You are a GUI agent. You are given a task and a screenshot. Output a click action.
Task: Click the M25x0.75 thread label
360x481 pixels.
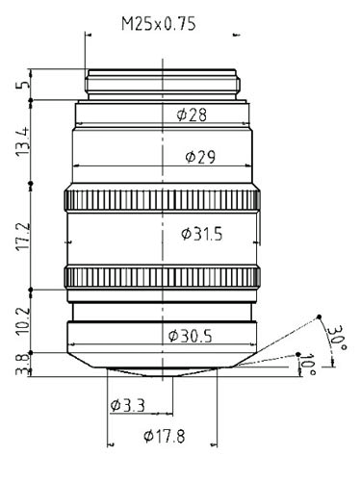click(x=158, y=24)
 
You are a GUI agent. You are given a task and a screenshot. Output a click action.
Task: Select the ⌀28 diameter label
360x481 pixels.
click(x=192, y=114)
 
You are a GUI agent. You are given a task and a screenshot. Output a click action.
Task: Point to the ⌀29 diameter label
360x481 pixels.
click(x=200, y=157)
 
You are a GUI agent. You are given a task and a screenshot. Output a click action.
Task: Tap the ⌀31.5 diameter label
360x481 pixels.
click(x=202, y=234)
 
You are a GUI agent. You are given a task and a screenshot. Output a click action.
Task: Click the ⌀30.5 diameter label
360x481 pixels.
click(x=191, y=336)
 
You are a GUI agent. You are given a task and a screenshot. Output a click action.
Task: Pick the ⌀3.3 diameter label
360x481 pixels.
click(x=127, y=406)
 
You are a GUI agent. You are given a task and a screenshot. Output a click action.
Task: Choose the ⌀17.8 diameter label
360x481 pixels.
click(x=165, y=436)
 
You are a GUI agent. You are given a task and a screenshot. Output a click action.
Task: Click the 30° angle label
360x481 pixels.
click(x=337, y=339)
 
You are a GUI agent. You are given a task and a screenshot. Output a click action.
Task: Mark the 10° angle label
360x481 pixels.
click(x=308, y=364)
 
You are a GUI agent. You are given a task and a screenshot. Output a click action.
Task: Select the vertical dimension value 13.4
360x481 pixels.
click(x=23, y=141)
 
